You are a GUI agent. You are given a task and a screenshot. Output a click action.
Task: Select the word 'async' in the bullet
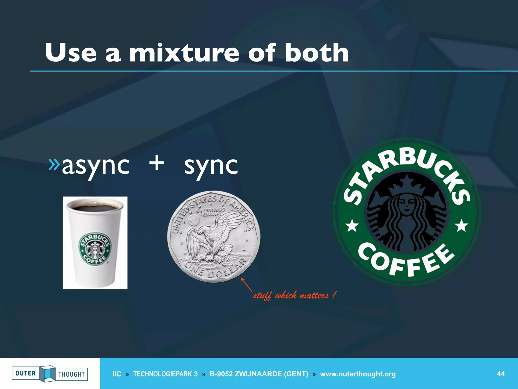[x=96, y=166]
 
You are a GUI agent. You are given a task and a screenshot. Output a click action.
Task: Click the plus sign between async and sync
[x=157, y=163]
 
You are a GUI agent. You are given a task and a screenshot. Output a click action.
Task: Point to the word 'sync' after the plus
[x=211, y=166]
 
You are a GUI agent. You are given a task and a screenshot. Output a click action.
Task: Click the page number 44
[x=501, y=374]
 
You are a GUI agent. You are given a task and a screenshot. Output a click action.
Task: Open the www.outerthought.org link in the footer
[x=358, y=374]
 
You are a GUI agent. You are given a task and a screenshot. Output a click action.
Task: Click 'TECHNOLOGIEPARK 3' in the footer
[x=165, y=374]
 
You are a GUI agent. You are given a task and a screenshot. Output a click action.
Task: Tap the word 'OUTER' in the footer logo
[x=26, y=373]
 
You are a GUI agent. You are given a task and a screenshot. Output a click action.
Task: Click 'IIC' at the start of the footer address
[x=117, y=374]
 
